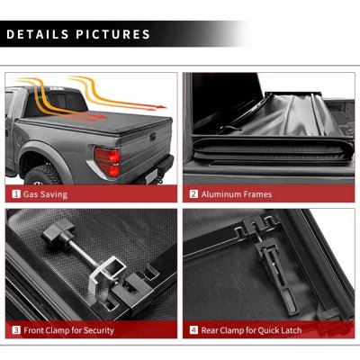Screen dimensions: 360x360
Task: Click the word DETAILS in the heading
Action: point(37,35)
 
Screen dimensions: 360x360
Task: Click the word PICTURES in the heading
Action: point(111,35)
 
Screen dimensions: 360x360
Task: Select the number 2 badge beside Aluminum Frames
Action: point(193,193)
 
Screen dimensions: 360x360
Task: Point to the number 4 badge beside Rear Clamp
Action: point(193,330)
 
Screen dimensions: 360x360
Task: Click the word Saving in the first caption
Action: point(53,193)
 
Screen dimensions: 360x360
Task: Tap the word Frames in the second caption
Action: point(258,193)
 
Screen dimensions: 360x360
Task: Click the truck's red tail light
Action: point(107,161)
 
